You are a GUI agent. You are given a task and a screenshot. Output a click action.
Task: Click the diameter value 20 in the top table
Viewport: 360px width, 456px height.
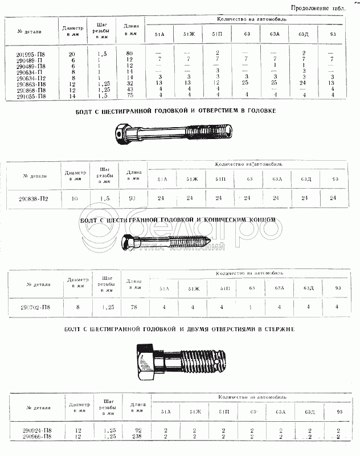[x=71, y=53]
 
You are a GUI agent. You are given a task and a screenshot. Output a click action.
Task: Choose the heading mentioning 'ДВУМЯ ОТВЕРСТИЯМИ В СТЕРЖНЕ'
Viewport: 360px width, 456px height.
[x=179, y=329]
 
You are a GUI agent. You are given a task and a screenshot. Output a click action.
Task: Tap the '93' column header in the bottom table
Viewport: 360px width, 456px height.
[x=340, y=411]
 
